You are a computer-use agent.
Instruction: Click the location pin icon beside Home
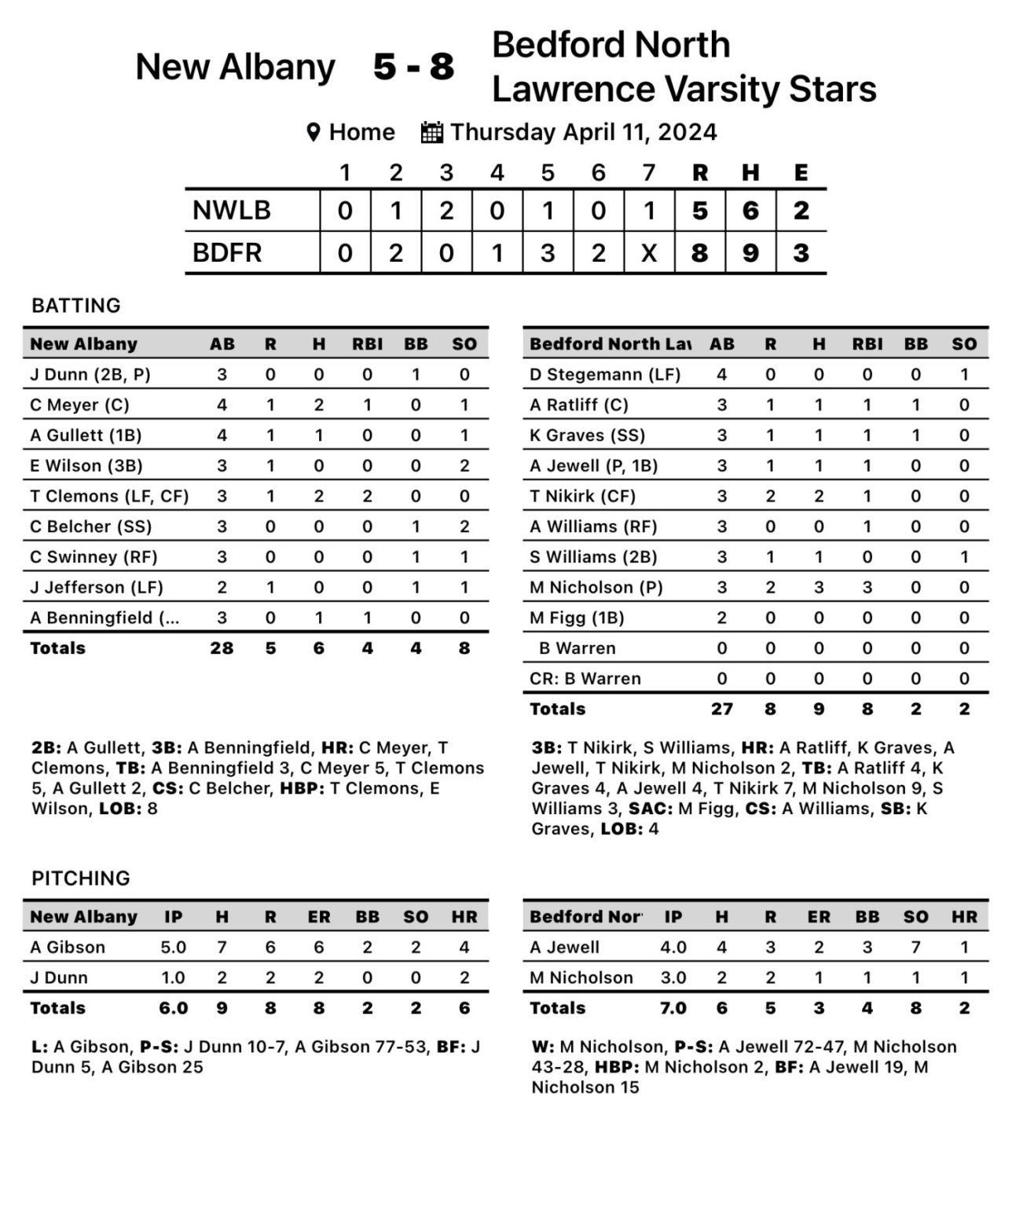(x=313, y=132)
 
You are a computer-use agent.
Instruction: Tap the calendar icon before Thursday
(x=432, y=132)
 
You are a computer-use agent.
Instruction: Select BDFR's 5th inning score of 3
(x=548, y=253)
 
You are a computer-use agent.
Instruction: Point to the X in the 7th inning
(x=649, y=253)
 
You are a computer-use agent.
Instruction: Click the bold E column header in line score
(x=801, y=173)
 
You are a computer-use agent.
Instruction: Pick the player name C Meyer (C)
(x=79, y=405)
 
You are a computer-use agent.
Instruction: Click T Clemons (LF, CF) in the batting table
(x=109, y=496)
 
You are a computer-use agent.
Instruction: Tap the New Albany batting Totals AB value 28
(x=222, y=648)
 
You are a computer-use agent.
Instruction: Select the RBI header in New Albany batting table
(x=367, y=344)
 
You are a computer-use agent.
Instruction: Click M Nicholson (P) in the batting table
(x=596, y=587)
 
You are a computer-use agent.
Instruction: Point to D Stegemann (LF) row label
(x=604, y=374)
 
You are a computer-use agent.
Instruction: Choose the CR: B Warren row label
(x=585, y=678)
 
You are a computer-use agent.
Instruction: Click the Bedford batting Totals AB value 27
(x=721, y=709)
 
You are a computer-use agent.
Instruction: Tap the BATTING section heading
(x=76, y=306)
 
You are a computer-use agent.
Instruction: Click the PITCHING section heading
(x=81, y=878)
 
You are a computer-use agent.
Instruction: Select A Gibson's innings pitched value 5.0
(x=173, y=947)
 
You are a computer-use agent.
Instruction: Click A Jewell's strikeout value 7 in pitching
(x=915, y=947)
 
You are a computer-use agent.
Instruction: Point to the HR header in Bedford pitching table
(x=964, y=917)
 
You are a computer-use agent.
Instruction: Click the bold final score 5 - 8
(x=413, y=67)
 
